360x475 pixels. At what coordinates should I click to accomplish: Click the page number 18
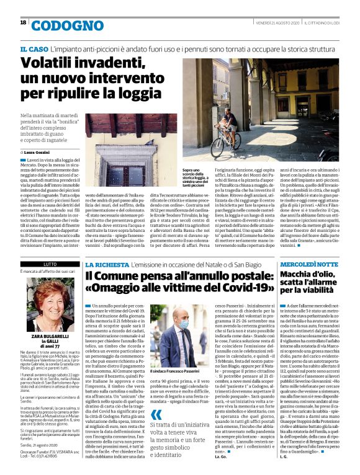point(23,22)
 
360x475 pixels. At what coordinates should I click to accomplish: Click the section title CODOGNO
point(58,25)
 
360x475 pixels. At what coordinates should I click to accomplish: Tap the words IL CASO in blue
point(35,48)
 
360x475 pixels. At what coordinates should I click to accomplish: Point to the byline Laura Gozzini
point(41,152)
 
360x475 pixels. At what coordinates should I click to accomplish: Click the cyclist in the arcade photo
point(231,120)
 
